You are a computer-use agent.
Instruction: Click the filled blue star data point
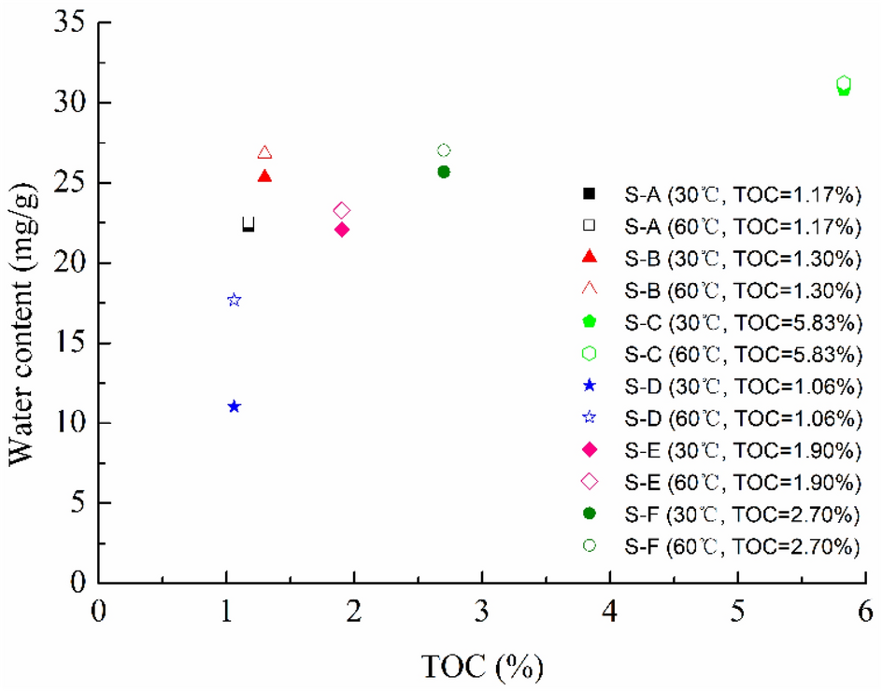point(235,406)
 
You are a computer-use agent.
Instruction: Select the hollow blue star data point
point(235,300)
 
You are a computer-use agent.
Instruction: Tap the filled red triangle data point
point(264,176)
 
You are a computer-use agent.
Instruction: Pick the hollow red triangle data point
point(264,152)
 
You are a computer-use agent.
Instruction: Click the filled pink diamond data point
point(342,229)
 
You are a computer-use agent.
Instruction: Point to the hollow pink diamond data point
point(342,210)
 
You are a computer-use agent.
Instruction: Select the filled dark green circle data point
point(444,171)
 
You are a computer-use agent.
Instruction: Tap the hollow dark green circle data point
point(444,150)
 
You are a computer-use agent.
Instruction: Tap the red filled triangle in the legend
point(589,257)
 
